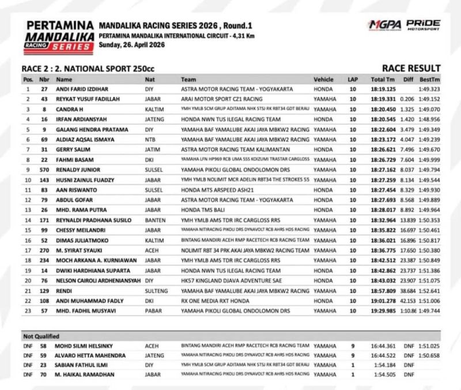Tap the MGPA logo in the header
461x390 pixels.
tap(384, 26)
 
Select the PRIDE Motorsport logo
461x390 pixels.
tap(423, 25)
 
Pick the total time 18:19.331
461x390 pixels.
tap(383, 100)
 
